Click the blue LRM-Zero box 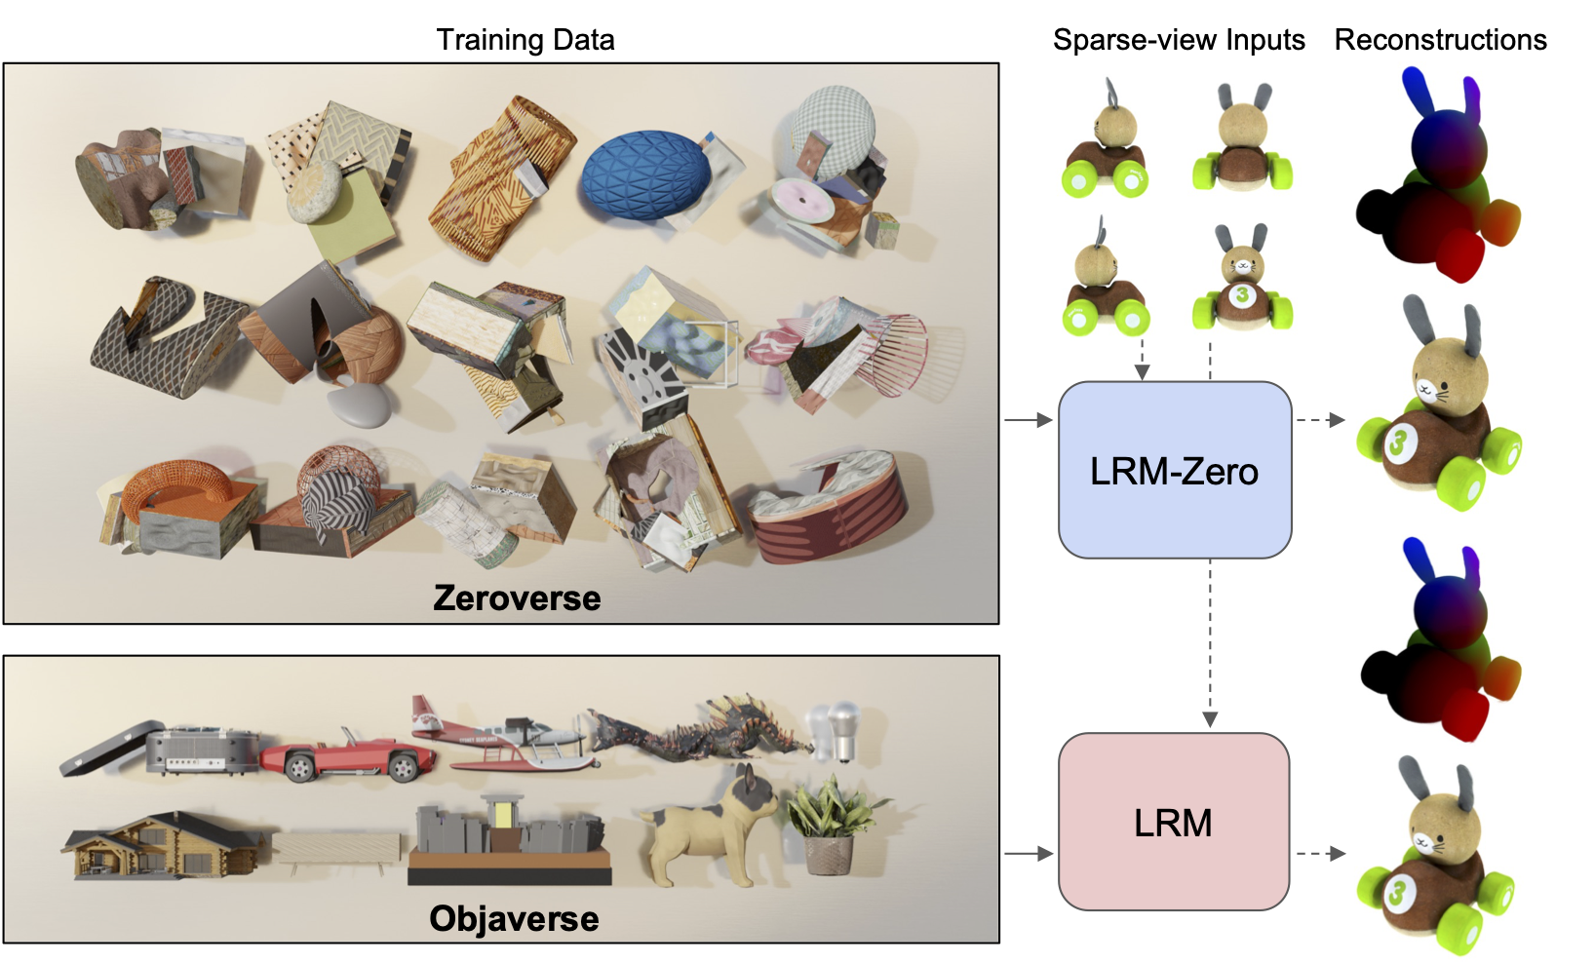1174,470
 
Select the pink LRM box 1173,822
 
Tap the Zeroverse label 517,597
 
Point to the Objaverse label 514,918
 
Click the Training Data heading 525,40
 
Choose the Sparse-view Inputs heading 1178,40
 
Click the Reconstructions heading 1440,40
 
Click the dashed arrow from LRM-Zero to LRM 1210,643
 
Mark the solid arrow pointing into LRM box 1029,854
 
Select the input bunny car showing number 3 1241,280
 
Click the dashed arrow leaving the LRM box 1320,854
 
